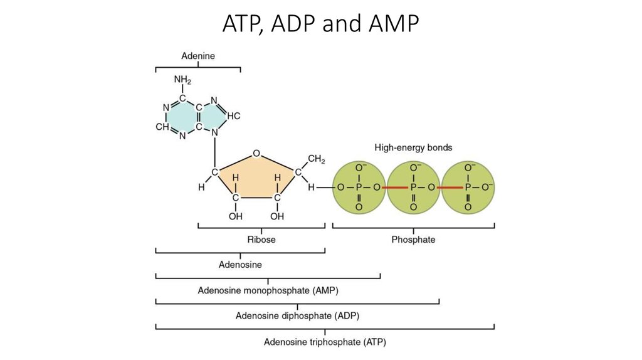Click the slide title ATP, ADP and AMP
click(320, 24)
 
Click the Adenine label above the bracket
click(198, 56)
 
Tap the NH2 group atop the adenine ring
click(182, 80)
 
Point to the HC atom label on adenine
click(233, 116)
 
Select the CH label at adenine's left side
click(162, 127)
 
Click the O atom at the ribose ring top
click(255, 152)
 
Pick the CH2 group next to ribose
click(316, 161)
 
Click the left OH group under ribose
click(236, 216)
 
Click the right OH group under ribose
click(276, 216)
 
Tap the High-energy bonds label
click(413, 148)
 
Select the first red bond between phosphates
click(395, 188)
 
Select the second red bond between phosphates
click(450, 188)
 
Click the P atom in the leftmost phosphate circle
click(359, 188)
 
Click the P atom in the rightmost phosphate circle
click(468, 188)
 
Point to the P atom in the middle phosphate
click(413, 188)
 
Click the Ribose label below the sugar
click(261, 240)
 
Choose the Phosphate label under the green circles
click(413, 240)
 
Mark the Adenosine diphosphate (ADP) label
click(297, 315)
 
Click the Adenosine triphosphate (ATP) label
click(325, 342)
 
